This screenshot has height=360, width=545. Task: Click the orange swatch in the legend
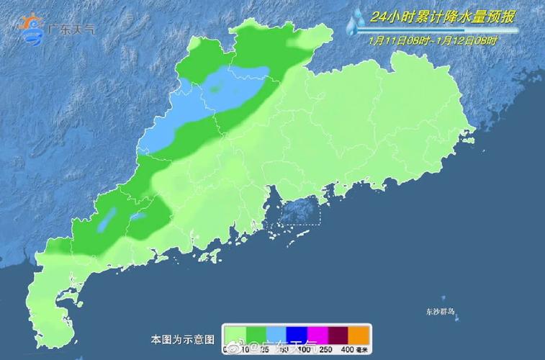[x=359, y=335]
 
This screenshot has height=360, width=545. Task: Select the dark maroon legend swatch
[x=338, y=335]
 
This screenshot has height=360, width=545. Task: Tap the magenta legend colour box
[x=318, y=335]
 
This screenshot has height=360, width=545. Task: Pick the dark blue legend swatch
[x=297, y=335]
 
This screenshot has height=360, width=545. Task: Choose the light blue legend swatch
[x=277, y=335]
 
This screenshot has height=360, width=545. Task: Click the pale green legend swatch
[x=236, y=335]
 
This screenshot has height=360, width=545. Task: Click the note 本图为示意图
[x=183, y=338]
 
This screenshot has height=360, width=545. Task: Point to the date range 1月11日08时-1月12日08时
[x=432, y=40]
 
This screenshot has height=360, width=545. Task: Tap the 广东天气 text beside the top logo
[x=70, y=30]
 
